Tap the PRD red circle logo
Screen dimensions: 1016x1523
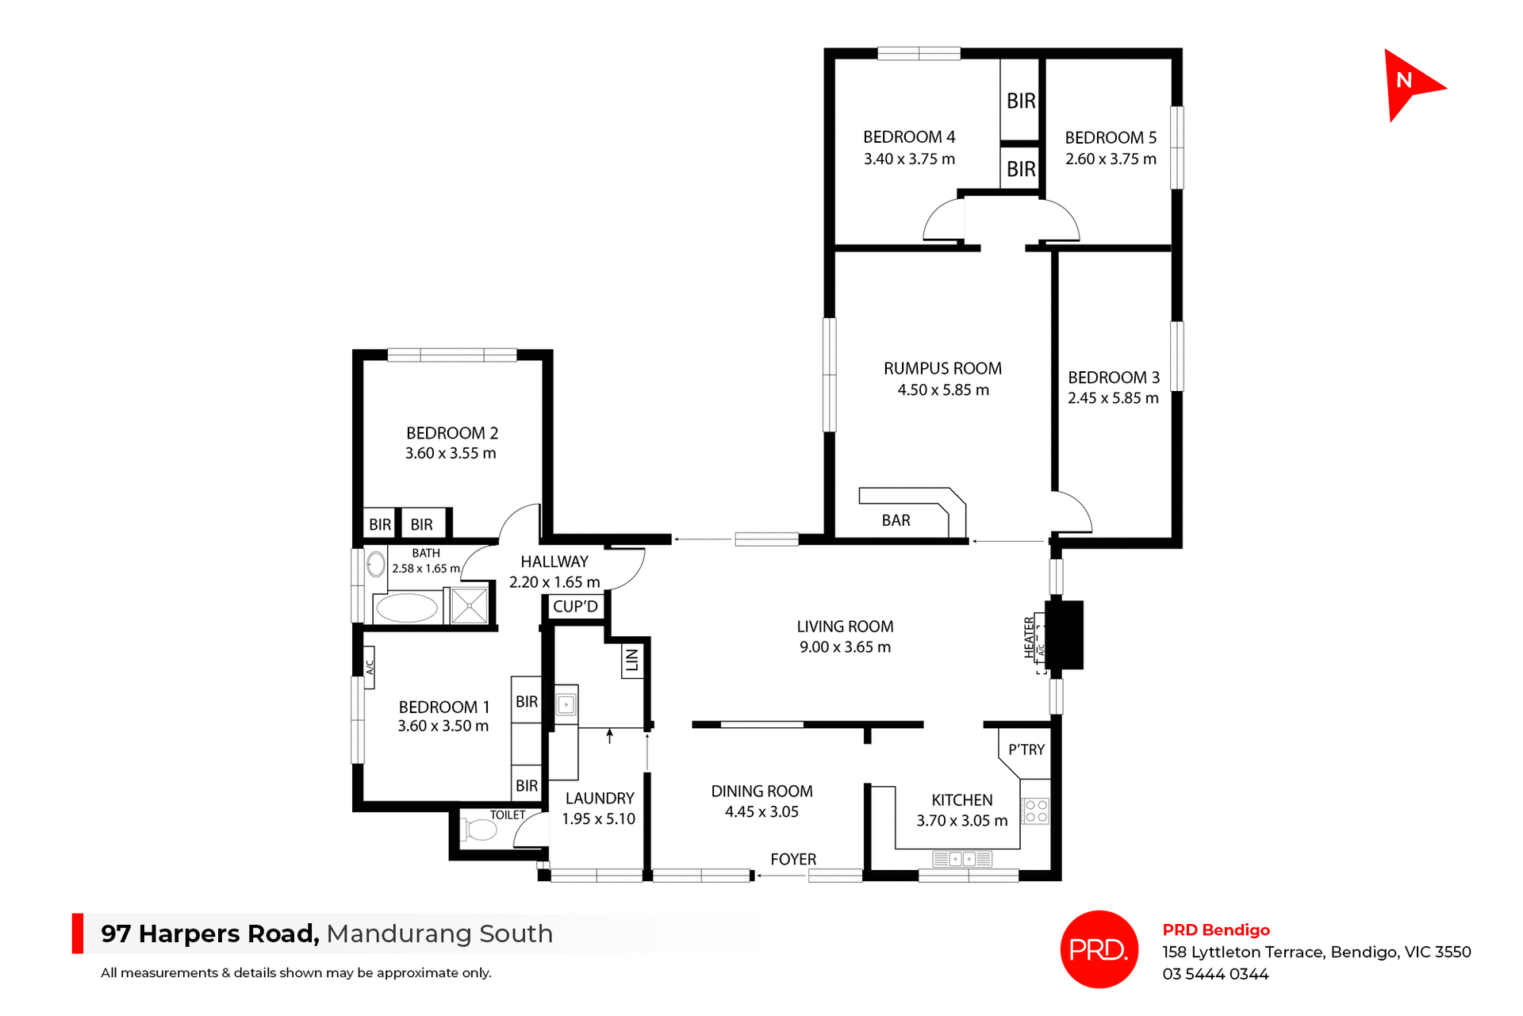1099,949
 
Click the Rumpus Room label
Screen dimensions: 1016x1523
942,369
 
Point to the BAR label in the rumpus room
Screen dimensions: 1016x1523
896,520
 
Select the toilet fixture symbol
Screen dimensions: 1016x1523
481,830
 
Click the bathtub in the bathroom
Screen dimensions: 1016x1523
406,608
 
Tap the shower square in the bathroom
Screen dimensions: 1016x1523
470,607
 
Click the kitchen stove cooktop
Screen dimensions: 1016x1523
1036,811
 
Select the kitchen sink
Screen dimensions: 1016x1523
962,859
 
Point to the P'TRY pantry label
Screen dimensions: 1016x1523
1026,750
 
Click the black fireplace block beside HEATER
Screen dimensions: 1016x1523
1065,635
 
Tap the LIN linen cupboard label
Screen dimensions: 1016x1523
631,660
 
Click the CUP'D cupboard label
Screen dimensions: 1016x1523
575,607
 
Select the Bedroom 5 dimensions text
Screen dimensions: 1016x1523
1111,159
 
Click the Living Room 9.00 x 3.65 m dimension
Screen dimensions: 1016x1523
845,647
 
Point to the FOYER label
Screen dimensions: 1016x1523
793,859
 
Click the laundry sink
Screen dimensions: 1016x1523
566,704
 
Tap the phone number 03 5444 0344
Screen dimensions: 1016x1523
1215,974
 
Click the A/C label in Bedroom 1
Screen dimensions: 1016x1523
369,667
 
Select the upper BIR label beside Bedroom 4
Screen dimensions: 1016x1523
1021,101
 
